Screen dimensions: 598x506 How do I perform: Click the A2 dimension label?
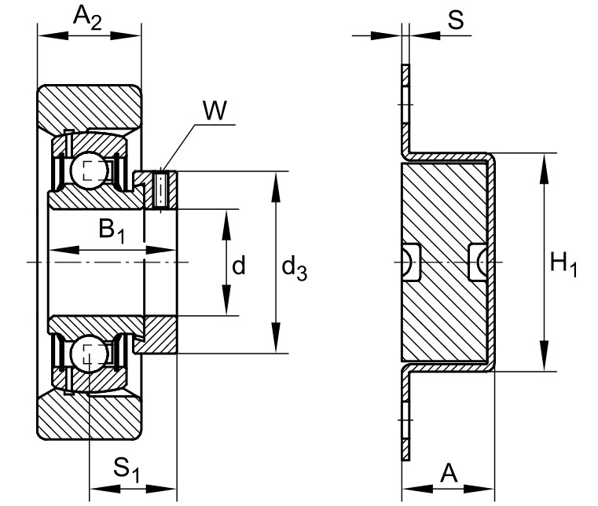87,18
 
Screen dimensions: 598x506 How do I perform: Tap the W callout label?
215,111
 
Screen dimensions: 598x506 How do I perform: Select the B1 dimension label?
112,232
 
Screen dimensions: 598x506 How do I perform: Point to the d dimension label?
239,266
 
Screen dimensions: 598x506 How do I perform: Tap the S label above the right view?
456,20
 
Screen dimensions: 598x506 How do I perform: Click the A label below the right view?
449,474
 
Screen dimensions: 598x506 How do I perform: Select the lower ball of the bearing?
90,353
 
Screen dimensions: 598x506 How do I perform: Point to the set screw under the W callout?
160,189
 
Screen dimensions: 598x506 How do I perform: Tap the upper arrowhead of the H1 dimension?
545,169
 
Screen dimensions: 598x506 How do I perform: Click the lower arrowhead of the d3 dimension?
275,337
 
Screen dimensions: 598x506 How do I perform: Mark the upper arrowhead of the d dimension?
226,225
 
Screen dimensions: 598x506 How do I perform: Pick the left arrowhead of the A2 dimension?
53,36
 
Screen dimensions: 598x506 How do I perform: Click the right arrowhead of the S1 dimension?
161,489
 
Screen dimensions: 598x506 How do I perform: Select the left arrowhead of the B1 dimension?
64,250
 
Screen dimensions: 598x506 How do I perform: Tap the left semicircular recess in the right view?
411,262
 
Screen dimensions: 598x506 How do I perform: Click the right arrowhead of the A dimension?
479,489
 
